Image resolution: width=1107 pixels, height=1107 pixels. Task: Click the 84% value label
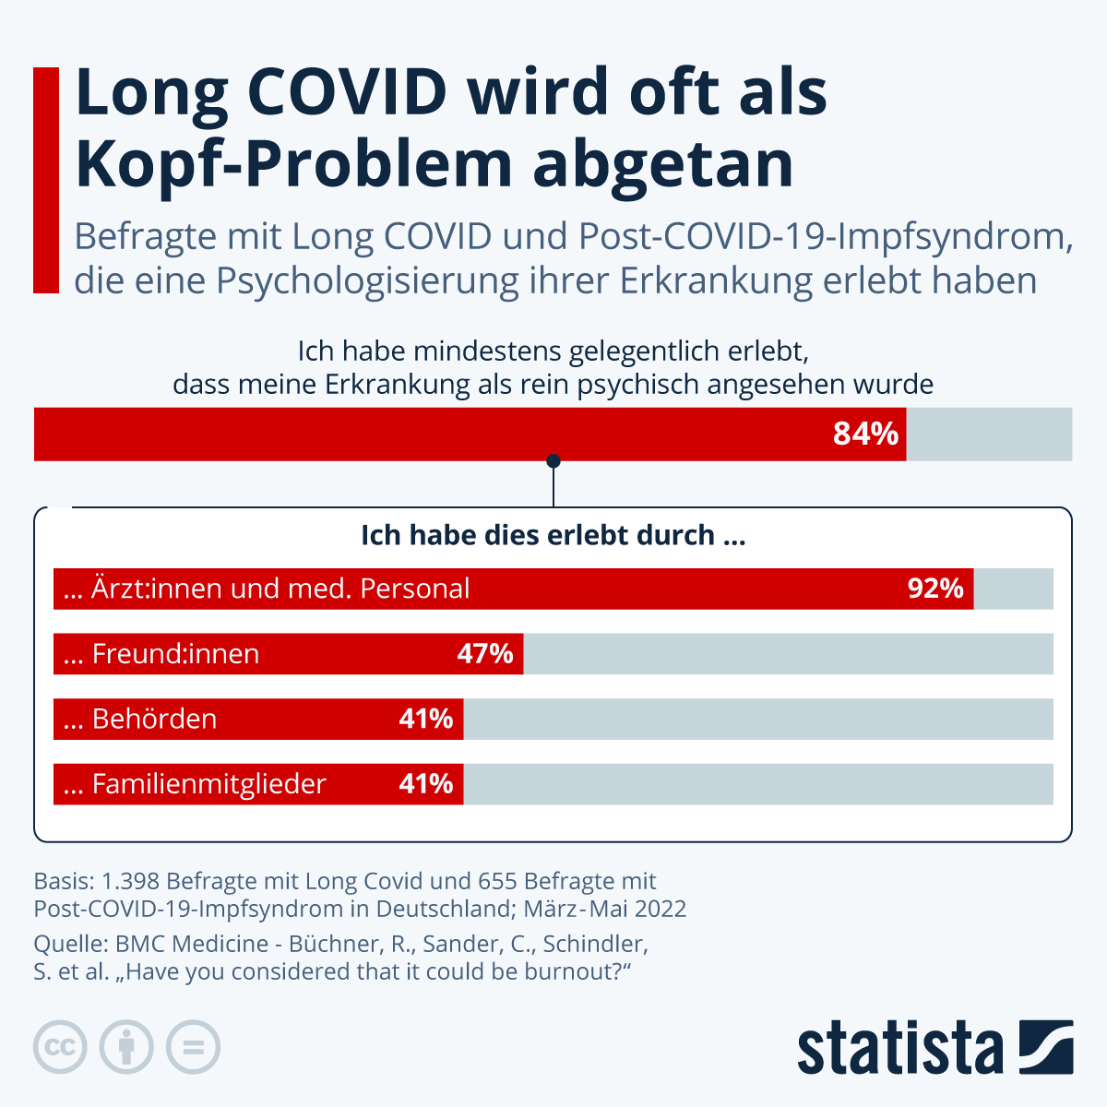click(x=864, y=434)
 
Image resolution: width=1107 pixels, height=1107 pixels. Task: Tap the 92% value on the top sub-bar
click(x=934, y=589)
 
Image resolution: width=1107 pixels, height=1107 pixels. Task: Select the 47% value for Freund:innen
click(x=484, y=654)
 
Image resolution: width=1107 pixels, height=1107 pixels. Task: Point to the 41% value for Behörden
click(x=425, y=719)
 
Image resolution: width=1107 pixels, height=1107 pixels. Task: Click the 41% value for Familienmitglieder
click(x=425, y=784)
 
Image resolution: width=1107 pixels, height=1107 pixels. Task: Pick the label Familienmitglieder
click(x=208, y=784)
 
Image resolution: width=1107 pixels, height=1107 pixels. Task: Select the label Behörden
click(x=154, y=719)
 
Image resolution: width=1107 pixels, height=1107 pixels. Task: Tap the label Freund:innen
click(x=175, y=654)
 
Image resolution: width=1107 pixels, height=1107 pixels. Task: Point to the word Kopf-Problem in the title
click(x=293, y=164)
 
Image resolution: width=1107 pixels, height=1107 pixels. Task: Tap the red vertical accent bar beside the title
click(x=45, y=180)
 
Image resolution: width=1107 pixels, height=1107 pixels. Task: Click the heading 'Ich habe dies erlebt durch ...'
click(x=553, y=535)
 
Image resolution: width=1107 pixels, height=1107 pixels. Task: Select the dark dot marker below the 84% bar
click(x=553, y=461)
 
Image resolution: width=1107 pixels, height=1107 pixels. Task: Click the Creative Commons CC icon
click(x=60, y=1048)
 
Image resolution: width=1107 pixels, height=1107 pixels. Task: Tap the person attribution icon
click(x=126, y=1048)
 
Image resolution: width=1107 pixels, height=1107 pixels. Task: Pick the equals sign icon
click(x=193, y=1048)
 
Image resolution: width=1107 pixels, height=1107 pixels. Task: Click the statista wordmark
click(x=899, y=1048)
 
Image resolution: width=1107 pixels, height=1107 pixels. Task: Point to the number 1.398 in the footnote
click(x=131, y=881)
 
